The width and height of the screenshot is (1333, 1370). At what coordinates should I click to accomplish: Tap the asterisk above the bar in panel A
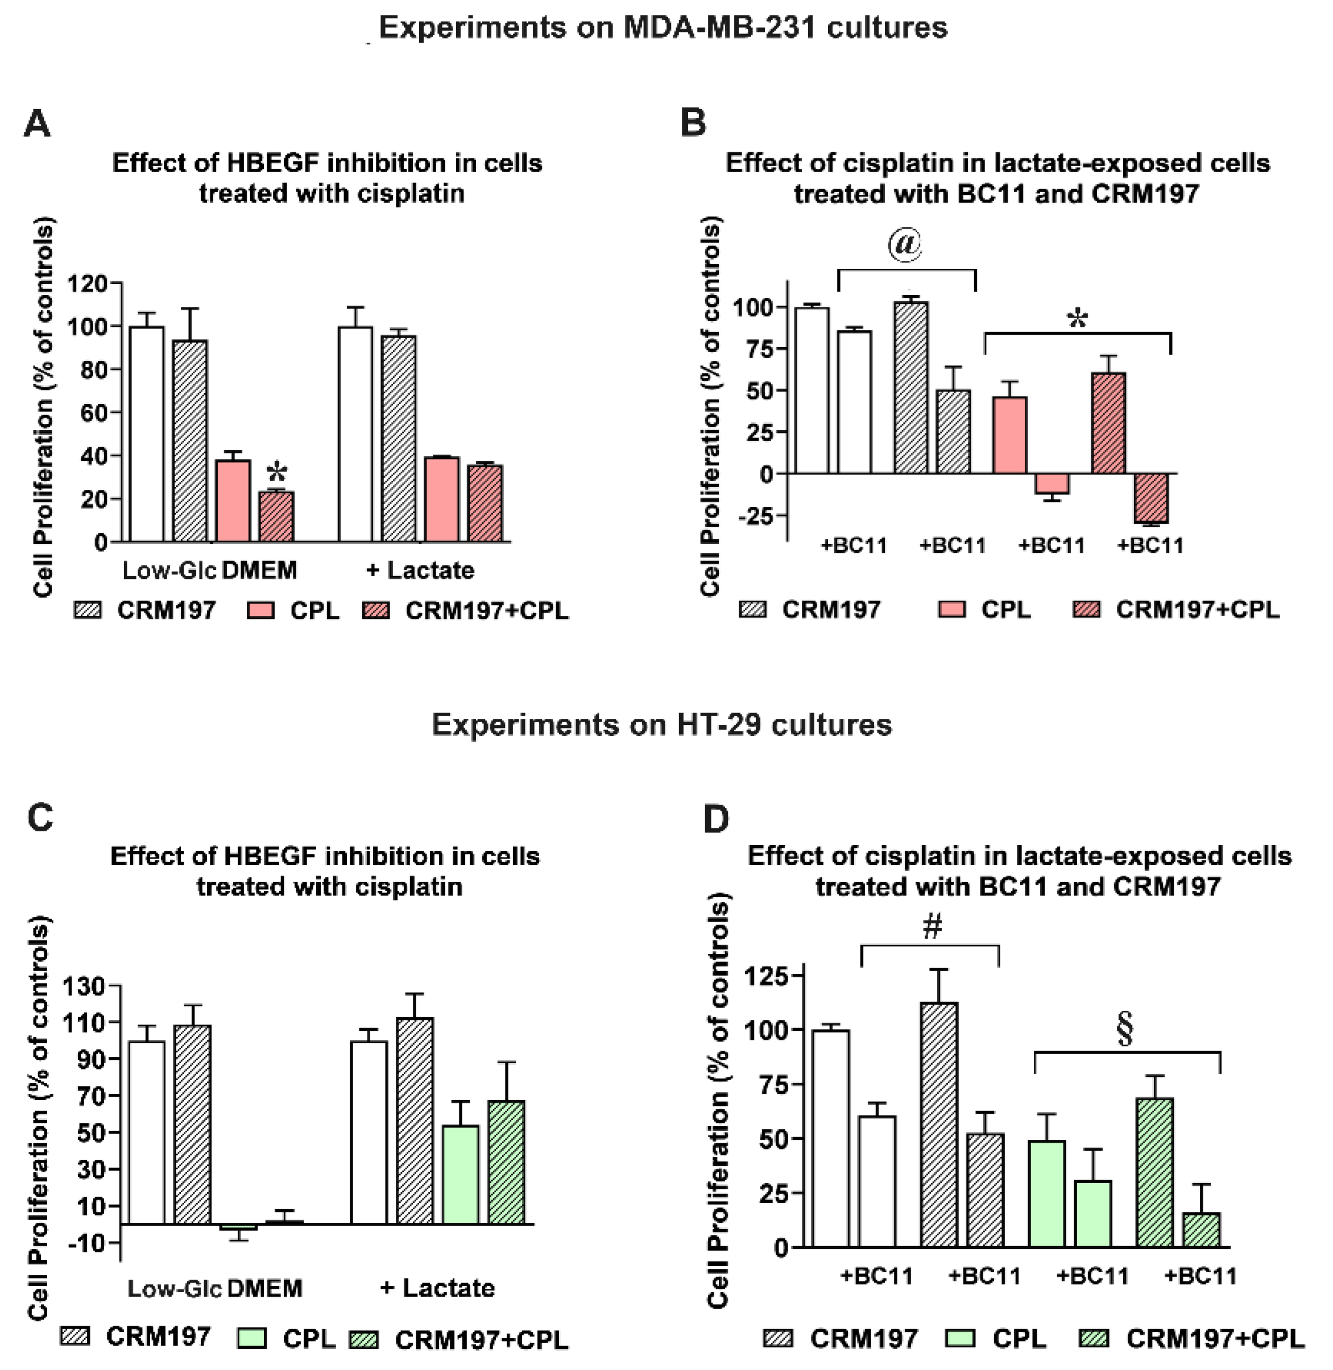[278, 472]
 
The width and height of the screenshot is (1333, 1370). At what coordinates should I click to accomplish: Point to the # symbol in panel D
[932, 927]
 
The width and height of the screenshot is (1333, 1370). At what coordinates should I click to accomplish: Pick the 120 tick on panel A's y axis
[87, 284]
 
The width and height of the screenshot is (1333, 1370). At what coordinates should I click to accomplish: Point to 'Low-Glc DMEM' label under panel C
[214, 1288]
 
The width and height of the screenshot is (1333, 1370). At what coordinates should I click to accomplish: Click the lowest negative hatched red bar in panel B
[1151, 498]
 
